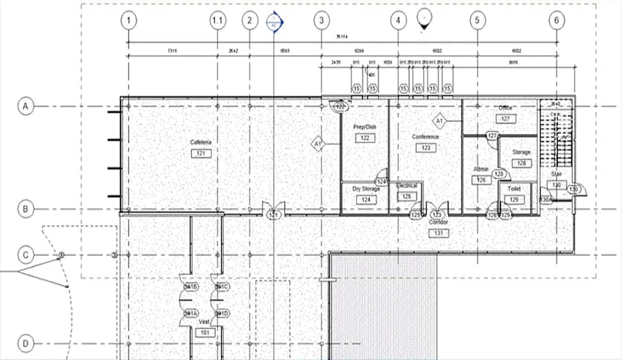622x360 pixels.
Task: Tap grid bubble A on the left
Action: tap(25, 106)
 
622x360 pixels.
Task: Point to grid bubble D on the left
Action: tap(25, 344)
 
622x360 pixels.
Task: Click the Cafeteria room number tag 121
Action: tap(200, 153)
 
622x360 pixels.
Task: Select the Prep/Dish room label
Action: tap(365, 127)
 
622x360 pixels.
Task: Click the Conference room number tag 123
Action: tap(426, 148)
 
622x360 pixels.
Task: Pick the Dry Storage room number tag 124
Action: tap(365, 200)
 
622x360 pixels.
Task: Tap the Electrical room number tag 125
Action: tap(406, 196)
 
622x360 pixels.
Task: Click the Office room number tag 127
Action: tap(505, 119)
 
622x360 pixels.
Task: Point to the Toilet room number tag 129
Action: tap(514, 200)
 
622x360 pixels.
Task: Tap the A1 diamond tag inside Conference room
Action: tap(439, 120)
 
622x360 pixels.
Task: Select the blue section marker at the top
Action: tap(275, 22)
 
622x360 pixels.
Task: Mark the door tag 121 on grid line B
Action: tap(273, 216)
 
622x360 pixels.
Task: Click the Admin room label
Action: tap(481, 170)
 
